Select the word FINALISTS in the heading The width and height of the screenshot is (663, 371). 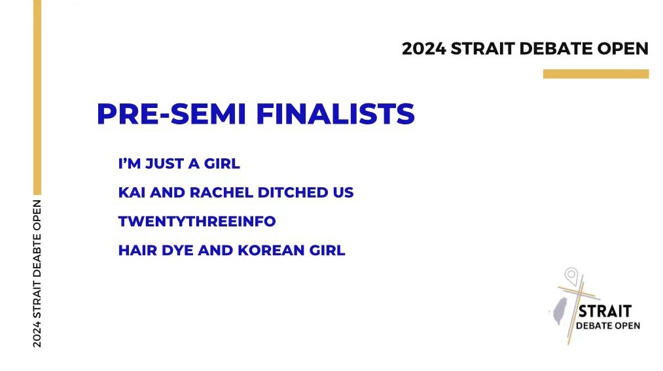(336, 114)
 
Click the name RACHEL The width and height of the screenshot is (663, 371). (221, 192)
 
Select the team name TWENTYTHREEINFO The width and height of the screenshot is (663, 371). (197, 221)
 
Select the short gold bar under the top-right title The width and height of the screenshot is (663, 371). (596, 74)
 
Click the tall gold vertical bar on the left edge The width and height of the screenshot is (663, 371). (37, 97)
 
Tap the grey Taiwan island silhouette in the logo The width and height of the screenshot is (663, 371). (560, 311)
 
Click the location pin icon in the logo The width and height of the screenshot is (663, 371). (571, 275)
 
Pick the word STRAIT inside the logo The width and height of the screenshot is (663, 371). (605, 311)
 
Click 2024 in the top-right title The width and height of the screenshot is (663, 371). (423, 48)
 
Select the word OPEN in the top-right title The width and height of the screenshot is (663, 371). (623, 48)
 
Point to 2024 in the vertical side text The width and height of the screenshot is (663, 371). (37, 334)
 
